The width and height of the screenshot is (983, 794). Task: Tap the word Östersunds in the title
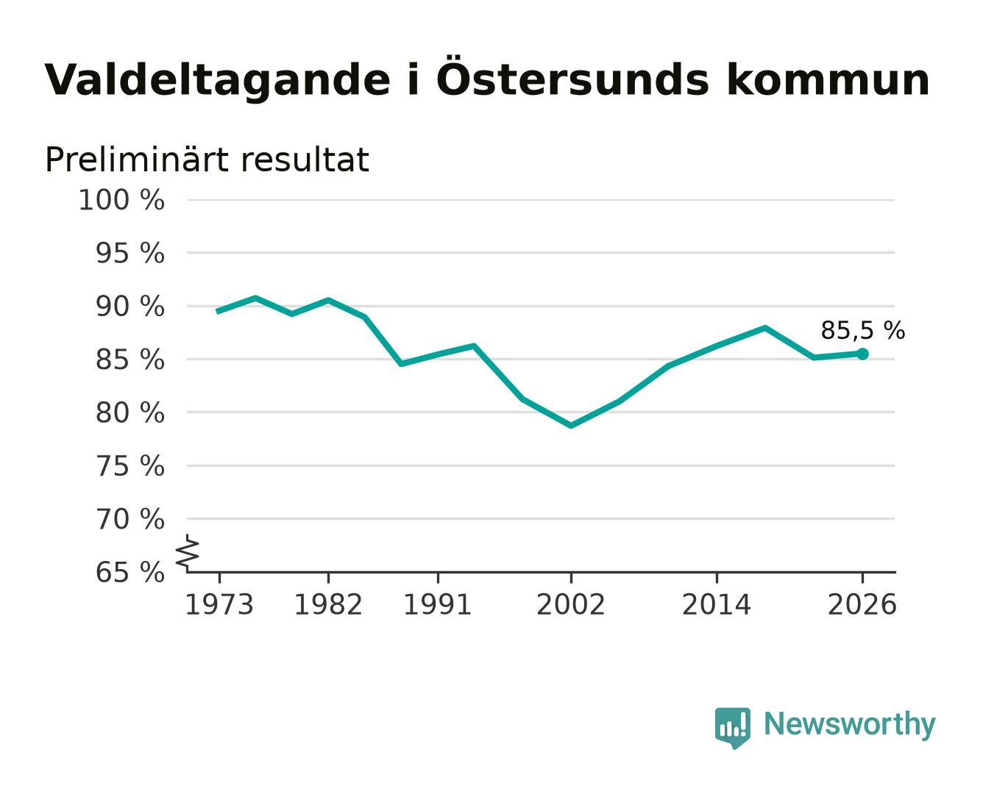(572, 77)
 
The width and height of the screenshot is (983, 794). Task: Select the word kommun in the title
(828, 80)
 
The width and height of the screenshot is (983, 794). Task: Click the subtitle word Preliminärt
(137, 160)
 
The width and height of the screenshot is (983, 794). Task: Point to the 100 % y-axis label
(121, 201)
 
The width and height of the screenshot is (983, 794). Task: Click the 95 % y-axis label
(129, 254)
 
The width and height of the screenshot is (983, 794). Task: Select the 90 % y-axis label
(129, 307)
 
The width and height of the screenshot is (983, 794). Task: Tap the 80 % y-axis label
(129, 412)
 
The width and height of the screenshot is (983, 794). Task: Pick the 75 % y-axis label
(129, 466)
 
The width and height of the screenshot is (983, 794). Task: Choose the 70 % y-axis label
(129, 519)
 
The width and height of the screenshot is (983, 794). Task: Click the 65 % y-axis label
(129, 572)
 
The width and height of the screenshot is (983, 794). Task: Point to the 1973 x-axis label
(219, 604)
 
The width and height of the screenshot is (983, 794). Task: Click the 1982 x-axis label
(328, 604)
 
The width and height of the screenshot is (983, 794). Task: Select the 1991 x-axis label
(438, 604)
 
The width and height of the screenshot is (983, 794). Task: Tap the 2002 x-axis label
(571, 604)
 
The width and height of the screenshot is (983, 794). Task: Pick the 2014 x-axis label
(716, 604)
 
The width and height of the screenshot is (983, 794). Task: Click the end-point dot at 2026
(862, 354)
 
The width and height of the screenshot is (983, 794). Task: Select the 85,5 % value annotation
(862, 331)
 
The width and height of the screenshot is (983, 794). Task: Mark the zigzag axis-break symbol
(188, 554)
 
